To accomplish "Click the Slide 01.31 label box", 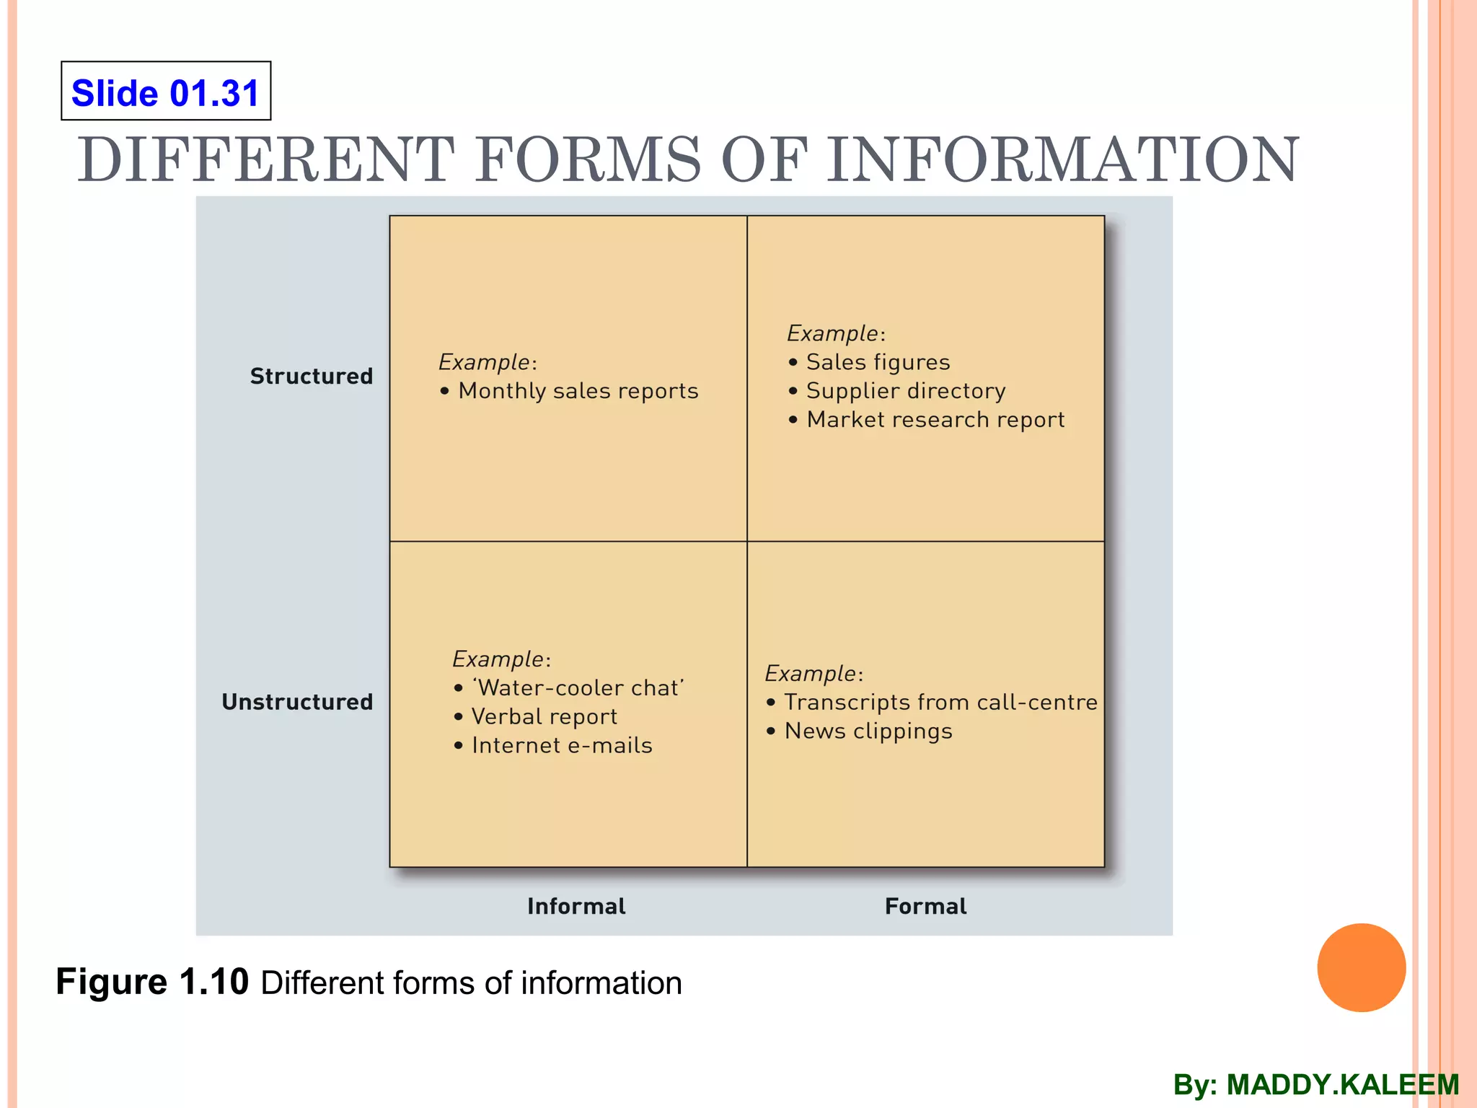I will point(166,91).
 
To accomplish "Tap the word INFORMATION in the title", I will point(1062,159).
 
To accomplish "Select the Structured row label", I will point(311,376).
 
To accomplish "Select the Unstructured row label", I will point(297,702).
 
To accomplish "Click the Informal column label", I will point(576,906).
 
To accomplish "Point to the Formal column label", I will point(925,906).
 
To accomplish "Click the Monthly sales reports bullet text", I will point(578,391).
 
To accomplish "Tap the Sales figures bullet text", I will point(878,362).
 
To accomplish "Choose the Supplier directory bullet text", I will point(906,391).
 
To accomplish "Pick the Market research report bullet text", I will point(935,420).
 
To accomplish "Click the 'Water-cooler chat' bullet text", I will point(578,688).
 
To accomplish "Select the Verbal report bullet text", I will point(544,717).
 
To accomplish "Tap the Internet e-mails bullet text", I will point(562,746).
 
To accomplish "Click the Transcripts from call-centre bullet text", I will point(940,703).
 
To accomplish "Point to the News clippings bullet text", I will point(868,731).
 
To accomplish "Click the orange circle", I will point(1361,967).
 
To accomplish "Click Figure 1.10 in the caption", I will point(152,982).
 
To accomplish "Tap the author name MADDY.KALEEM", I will point(1342,1085).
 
